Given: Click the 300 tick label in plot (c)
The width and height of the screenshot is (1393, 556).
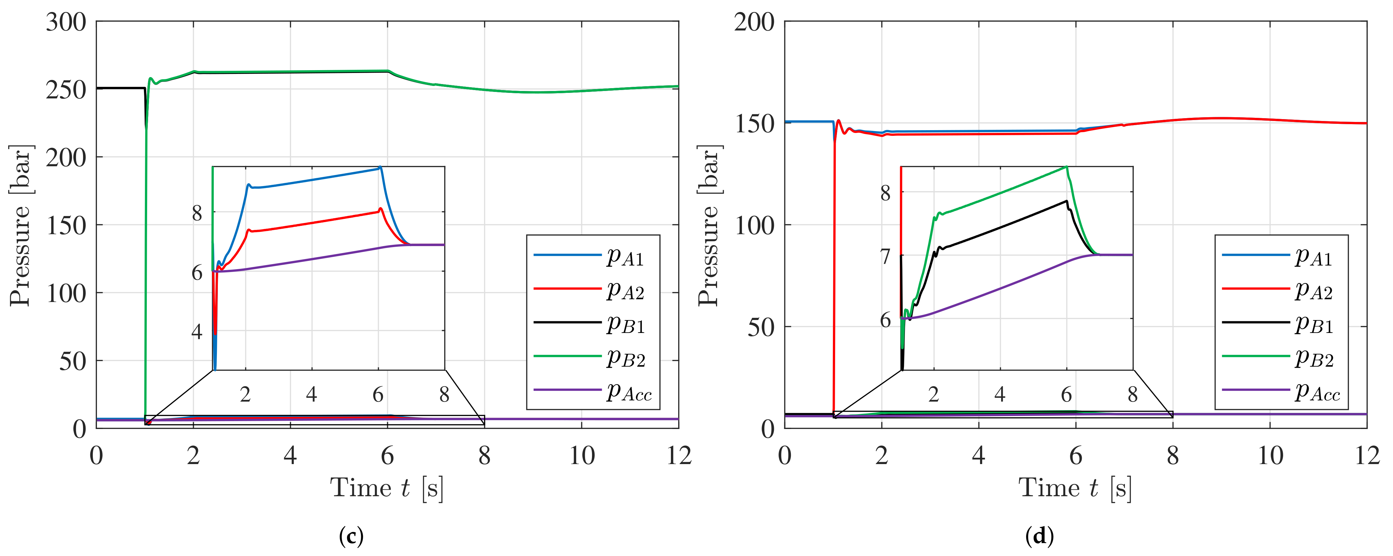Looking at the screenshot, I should point(65,23).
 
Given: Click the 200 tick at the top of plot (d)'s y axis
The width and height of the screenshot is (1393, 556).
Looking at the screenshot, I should point(754,23).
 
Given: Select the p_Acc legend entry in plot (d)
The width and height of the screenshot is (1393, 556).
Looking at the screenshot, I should point(1317,391).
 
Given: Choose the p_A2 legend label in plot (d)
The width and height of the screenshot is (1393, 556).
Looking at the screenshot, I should point(1313,290).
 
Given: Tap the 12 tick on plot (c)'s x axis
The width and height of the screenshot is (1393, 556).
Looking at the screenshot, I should point(678,456).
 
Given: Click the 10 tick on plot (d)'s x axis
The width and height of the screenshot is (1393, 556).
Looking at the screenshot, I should point(1270,456).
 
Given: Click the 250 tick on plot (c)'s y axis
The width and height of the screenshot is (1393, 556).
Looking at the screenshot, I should point(65,90).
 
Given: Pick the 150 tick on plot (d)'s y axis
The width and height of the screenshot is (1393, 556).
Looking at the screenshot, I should point(754,124).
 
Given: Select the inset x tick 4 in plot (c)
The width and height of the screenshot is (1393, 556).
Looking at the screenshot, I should point(312,394).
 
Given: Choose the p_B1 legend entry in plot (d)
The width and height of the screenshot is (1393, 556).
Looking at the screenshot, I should point(1313,323).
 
